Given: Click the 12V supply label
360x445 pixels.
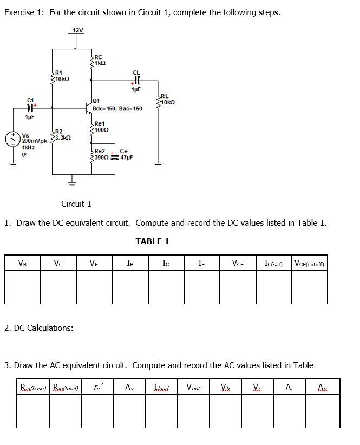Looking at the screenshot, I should (78, 30).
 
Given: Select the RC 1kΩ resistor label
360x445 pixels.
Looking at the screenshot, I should (99, 60).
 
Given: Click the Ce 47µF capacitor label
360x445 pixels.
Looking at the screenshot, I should (125, 154).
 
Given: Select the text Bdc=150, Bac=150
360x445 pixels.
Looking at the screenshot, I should (117, 109).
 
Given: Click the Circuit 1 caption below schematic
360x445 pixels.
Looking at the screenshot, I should (76, 204).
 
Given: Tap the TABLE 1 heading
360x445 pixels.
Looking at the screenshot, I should (152, 241).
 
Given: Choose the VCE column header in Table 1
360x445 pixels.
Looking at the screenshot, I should (237, 264).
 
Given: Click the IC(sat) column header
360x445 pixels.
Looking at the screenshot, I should (273, 264).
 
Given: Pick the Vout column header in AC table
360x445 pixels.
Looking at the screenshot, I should (193, 387).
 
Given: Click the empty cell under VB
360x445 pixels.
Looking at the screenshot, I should (22, 287).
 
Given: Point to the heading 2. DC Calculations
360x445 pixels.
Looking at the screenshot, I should (39, 328).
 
